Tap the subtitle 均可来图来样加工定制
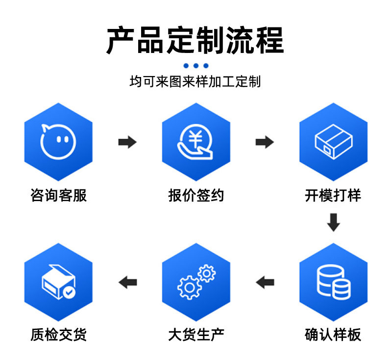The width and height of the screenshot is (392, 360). (x=195, y=81)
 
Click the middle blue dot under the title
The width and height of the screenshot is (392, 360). (x=196, y=66)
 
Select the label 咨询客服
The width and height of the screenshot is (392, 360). (x=58, y=195)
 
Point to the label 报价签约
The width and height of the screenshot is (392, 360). (x=196, y=195)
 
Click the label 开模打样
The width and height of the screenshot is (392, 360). (x=333, y=195)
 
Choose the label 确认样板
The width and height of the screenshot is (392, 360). (x=333, y=335)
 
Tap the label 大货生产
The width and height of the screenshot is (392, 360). (x=196, y=335)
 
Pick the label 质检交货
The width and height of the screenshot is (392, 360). (x=58, y=335)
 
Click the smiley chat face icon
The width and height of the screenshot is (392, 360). (x=58, y=140)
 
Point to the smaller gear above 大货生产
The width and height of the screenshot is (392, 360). (x=207, y=272)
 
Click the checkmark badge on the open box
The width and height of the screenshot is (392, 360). (x=70, y=293)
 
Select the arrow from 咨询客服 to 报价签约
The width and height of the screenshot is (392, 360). (x=127, y=142)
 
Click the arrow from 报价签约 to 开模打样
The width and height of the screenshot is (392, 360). (x=264, y=142)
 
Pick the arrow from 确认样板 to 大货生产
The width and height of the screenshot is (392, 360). (x=265, y=282)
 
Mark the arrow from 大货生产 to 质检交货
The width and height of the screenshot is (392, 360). (x=127, y=282)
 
